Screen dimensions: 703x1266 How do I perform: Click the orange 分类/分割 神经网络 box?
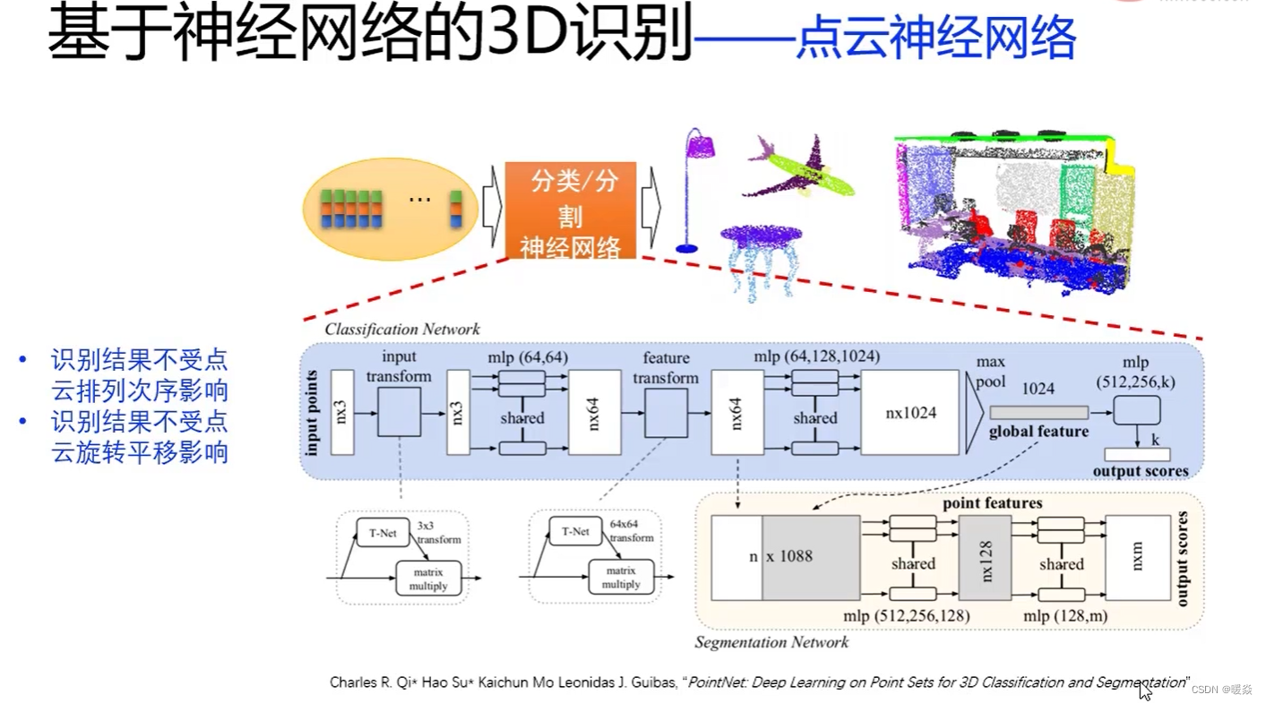[x=570, y=210]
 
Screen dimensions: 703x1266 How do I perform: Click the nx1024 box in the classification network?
[x=911, y=413]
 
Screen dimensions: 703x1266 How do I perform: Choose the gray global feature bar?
[x=1039, y=412]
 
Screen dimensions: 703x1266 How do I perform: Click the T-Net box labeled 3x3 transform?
[x=383, y=533]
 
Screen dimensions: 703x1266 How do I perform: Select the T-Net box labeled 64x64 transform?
[x=575, y=532]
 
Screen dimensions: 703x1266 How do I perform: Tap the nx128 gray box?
[x=985, y=557]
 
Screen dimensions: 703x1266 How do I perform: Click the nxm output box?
[x=1138, y=557]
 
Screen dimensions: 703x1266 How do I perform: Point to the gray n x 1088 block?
[x=810, y=557]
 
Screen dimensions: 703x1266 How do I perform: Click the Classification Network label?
[x=402, y=330]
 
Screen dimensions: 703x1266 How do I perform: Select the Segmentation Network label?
[x=771, y=642]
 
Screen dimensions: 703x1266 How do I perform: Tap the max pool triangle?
[x=974, y=413]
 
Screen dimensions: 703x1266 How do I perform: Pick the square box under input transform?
[x=399, y=412]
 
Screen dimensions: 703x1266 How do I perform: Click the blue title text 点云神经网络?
[x=935, y=39]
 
